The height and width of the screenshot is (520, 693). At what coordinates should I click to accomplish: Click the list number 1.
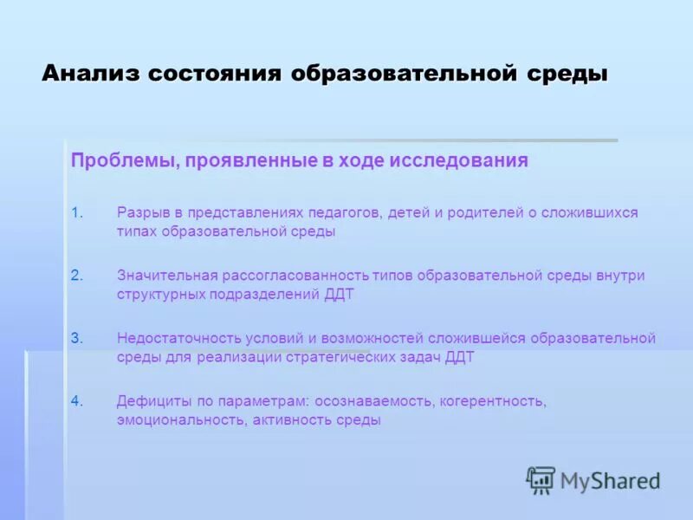click(x=76, y=213)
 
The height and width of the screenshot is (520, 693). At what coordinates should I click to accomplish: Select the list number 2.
click(x=76, y=276)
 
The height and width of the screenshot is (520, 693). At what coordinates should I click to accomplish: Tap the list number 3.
click(x=76, y=338)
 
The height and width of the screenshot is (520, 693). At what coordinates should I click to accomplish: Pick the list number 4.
click(x=76, y=400)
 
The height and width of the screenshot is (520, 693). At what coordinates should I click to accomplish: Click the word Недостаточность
click(x=171, y=338)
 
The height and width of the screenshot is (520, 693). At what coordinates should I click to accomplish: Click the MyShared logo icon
click(x=541, y=480)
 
